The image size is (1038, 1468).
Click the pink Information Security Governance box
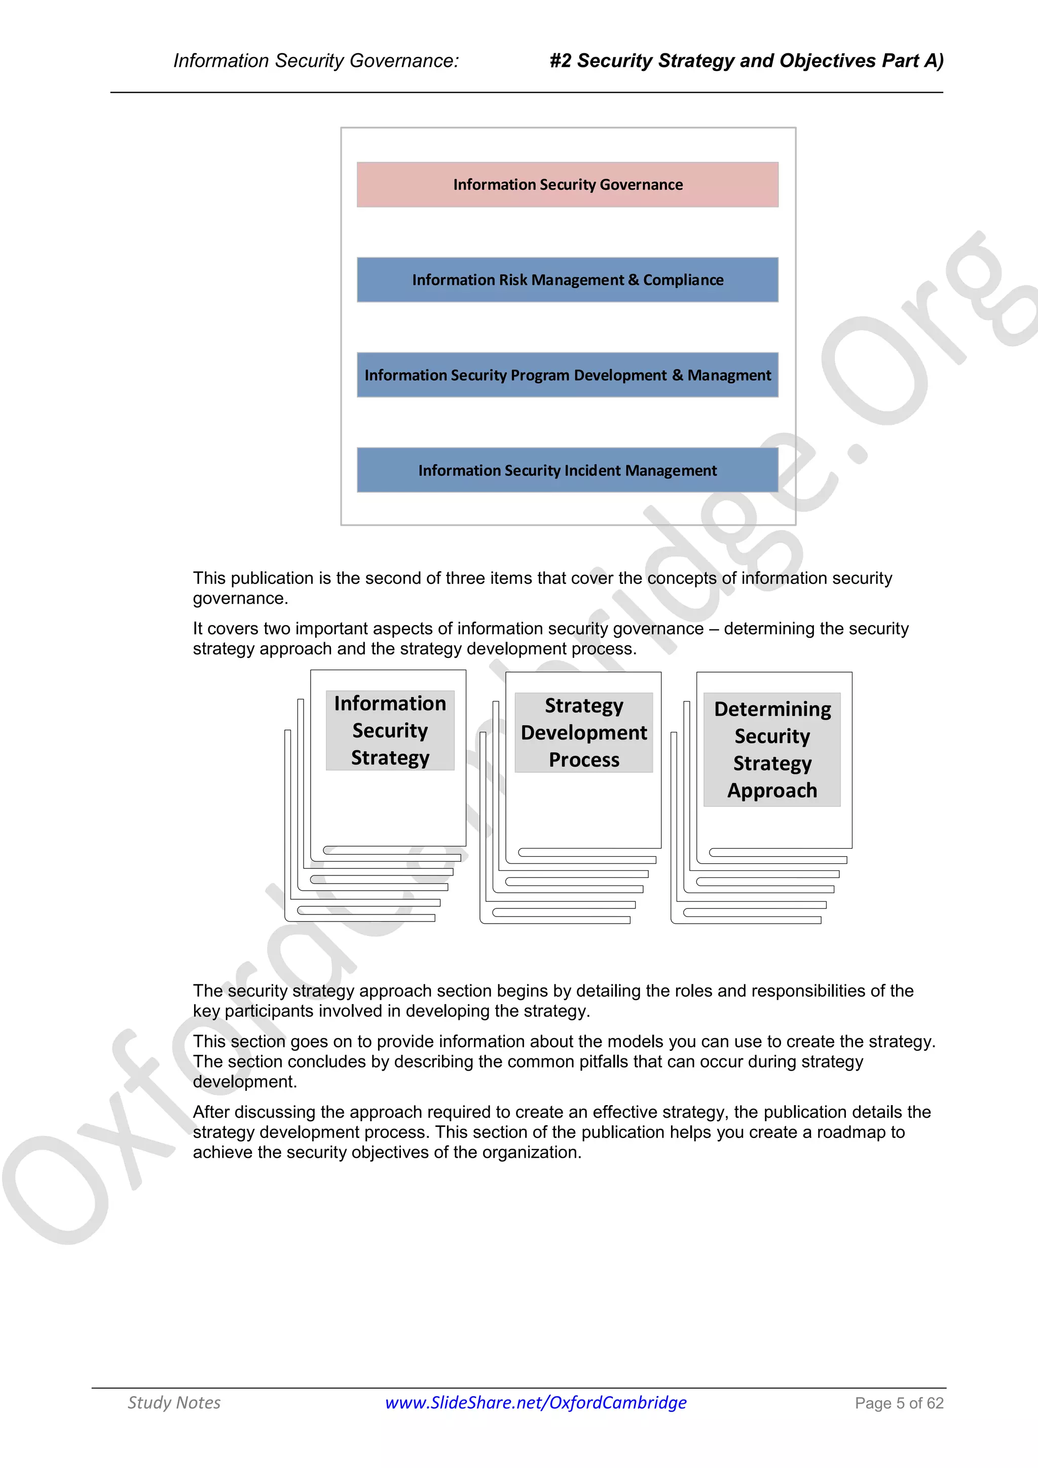[x=568, y=185]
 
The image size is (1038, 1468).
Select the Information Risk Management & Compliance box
[x=568, y=280]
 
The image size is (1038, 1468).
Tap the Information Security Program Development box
[x=568, y=375]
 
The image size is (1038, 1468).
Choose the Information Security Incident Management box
[x=568, y=470]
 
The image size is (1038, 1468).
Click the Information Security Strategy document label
[x=390, y=730]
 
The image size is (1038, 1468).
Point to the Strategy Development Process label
[x=583, y=732]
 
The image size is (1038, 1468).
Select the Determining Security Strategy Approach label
[x=772, y=749]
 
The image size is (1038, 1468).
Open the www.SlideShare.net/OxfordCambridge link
[x=536, y=1402]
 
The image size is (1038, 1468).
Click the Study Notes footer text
[x=174, y=1403]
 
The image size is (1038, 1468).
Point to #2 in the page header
[x=561, y=61]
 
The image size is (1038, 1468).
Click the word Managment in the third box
[x=729, y=375]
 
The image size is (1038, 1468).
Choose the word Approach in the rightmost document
[x=772, y=791]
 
